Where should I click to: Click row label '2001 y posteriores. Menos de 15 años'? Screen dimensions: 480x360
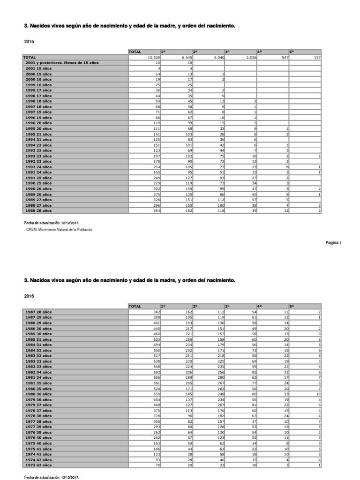[x=62, y=63]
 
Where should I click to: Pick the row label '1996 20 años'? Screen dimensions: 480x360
[x=39, y=123]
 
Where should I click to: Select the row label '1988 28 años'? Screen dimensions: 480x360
[x=39, y=210]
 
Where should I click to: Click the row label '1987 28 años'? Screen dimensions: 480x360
[x=39, y=312]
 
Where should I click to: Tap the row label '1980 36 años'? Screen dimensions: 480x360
[x=39, y=394]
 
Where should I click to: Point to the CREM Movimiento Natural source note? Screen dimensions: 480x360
[x=58, y=230]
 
